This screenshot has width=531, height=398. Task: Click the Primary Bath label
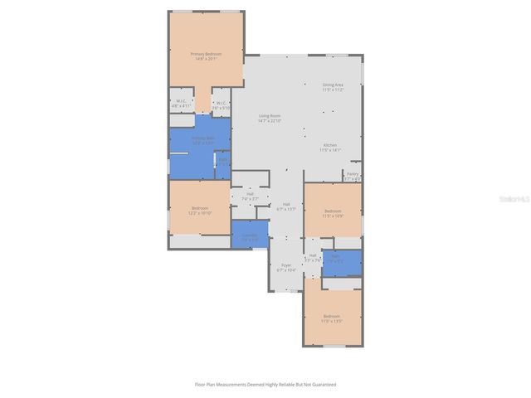[x=203, y=140]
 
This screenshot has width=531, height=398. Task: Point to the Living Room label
[x=270, y=118]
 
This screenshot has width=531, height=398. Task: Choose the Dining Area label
[x=333, y=86]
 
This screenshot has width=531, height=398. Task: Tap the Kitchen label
[x=330, y=147]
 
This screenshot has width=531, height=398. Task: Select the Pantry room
[x=353, y=176]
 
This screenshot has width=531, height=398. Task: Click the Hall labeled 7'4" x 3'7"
[x=250, y=197]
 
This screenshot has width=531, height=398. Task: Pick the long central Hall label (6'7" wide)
[x=286, y=206]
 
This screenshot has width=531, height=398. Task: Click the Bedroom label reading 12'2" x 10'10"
[x=200, y=211]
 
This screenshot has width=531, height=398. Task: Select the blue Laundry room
[x=250, y=235]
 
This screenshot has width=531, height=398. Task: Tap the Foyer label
[x=286, y=267]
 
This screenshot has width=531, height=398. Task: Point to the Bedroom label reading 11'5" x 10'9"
[x=333, y=213]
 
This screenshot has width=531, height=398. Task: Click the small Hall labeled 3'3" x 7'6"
[x=313, y=257]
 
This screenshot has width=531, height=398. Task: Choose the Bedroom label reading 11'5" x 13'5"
[x=332, y=318]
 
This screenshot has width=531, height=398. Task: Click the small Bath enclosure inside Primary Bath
[x=222, y=163]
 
